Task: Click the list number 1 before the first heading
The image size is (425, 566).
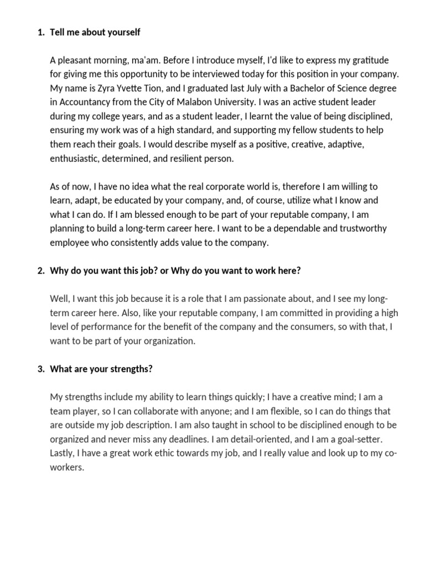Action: point(40,33)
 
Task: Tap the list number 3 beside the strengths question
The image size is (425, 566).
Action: point(40,369)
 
